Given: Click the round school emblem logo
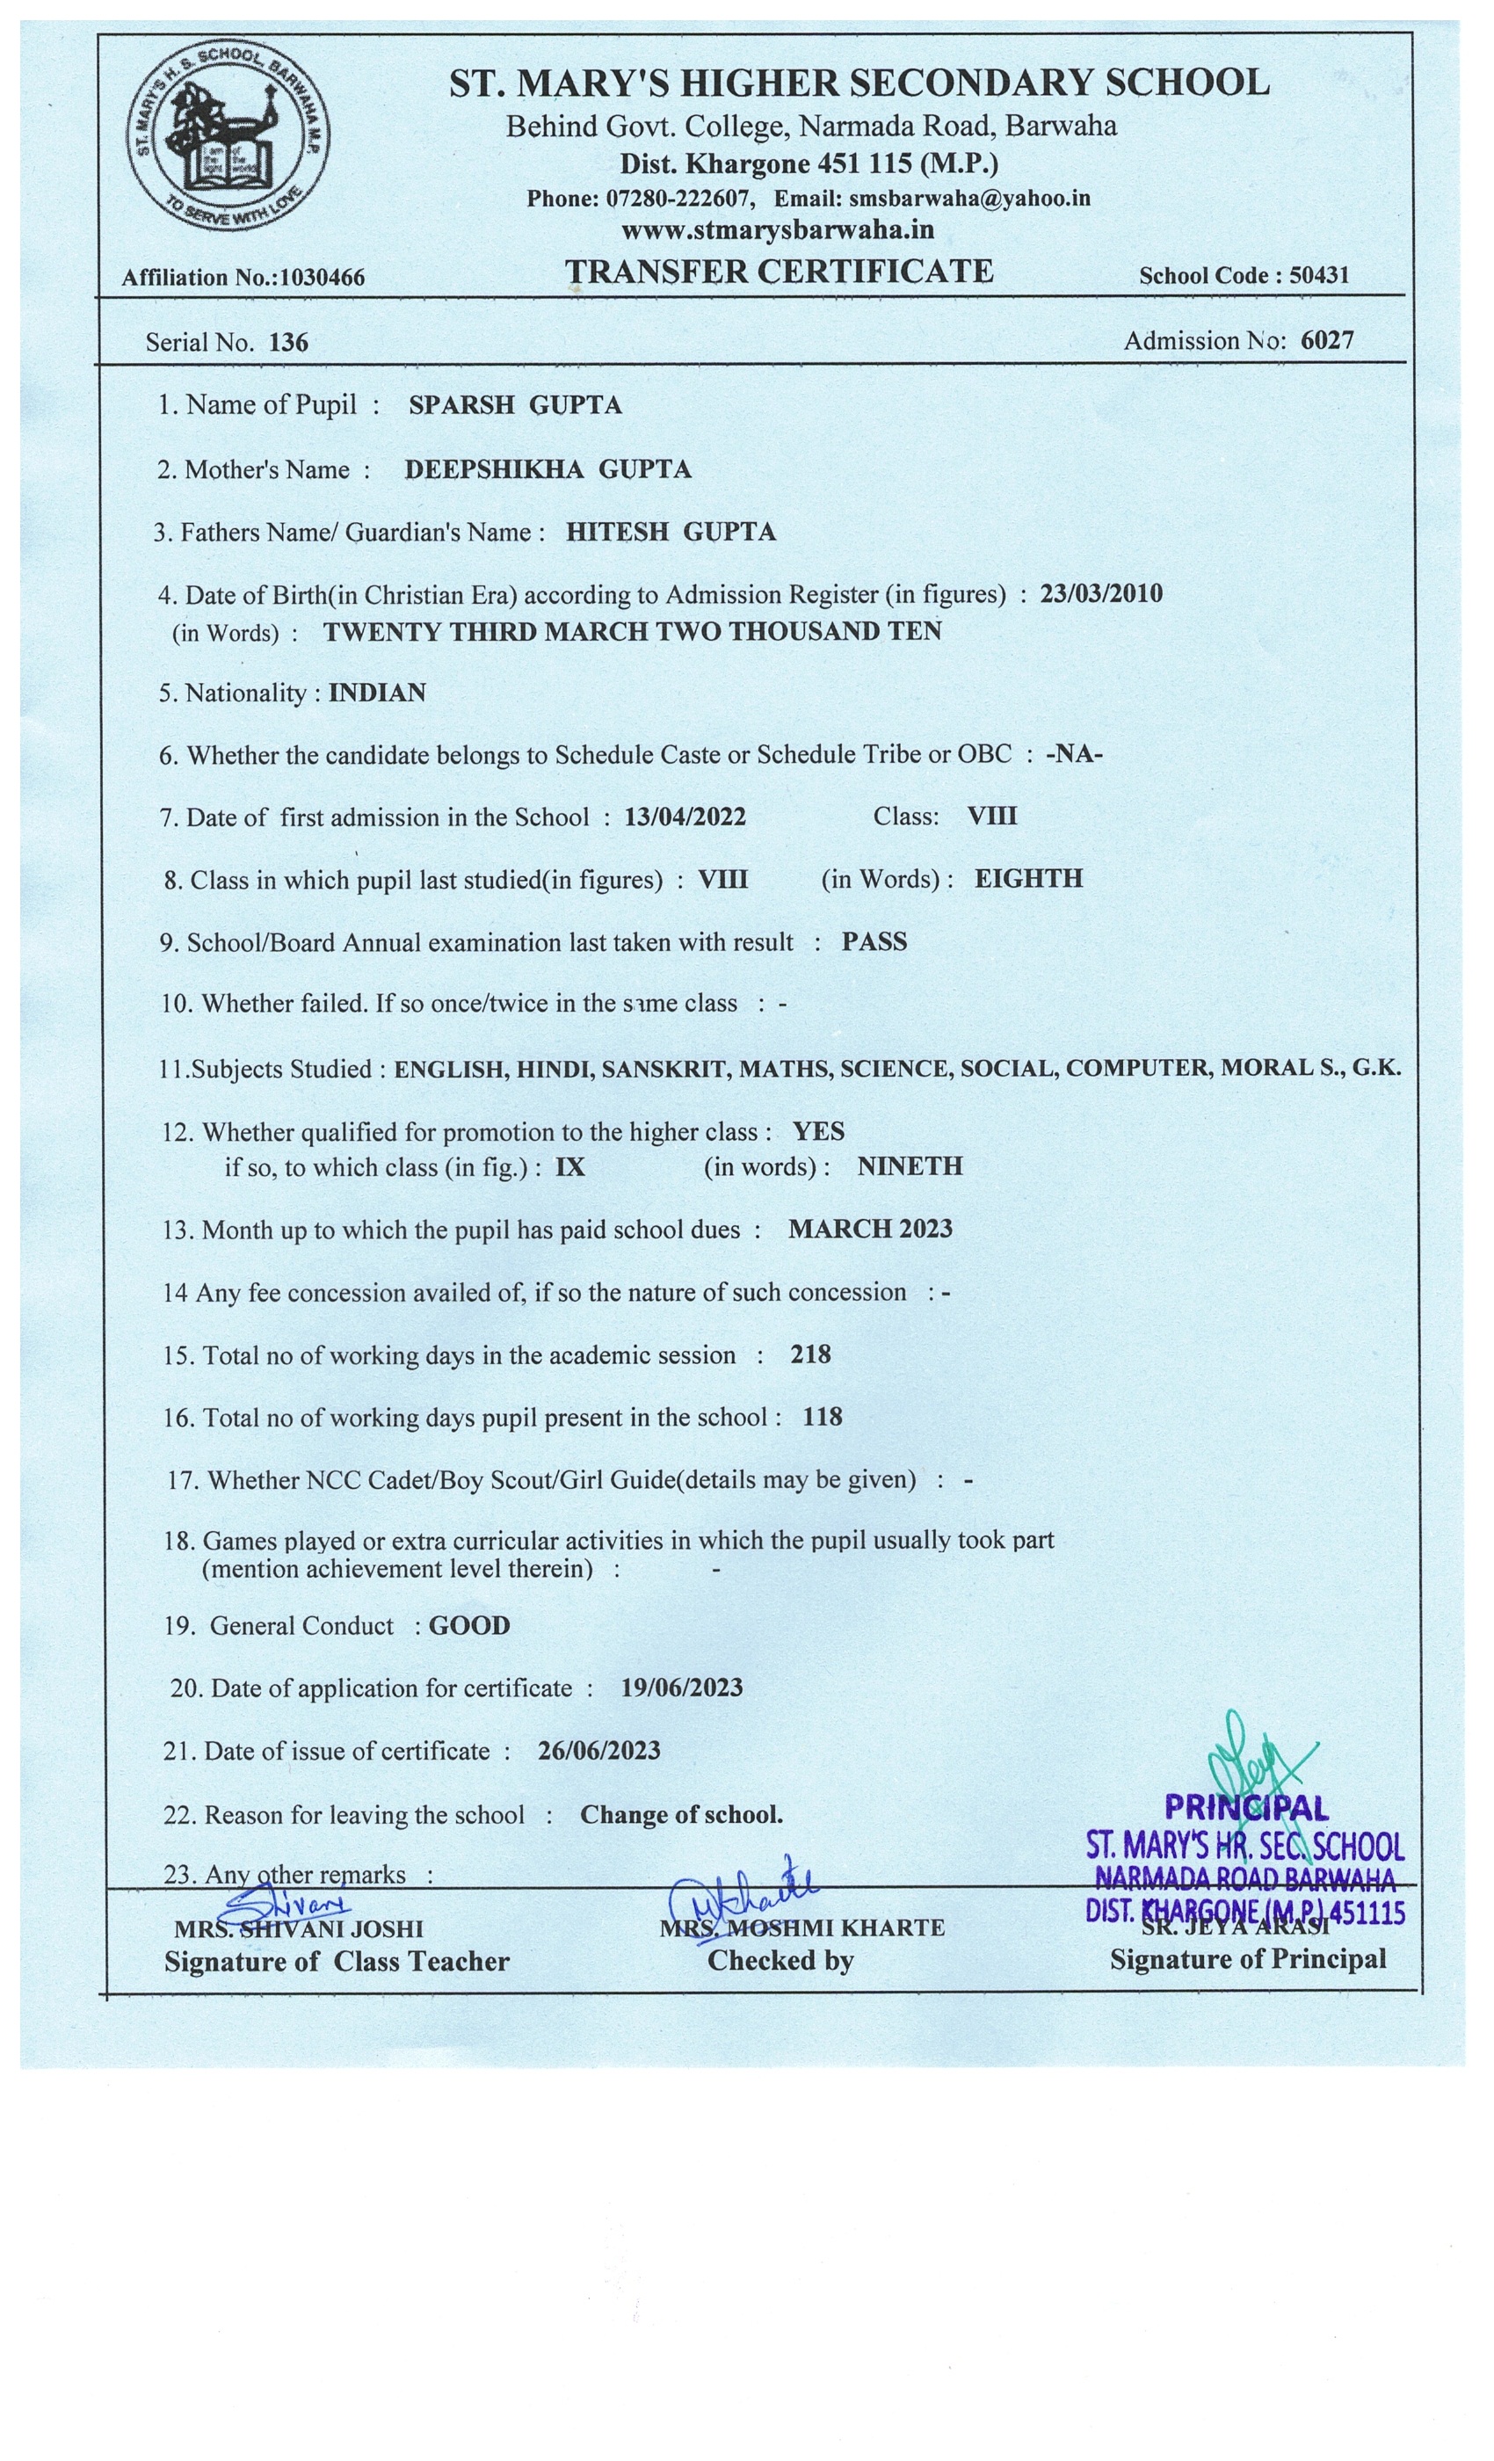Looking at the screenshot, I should tap(228, 136).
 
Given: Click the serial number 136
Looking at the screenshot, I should tap(288, 343).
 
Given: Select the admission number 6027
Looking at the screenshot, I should tap(1327, 341).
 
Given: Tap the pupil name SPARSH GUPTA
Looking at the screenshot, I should tap(515, 404).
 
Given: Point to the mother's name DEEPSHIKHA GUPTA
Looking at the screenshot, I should tap(548, 469).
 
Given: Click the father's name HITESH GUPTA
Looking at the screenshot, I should tap(671, 533).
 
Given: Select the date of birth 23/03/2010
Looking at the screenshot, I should tap(1101, 593).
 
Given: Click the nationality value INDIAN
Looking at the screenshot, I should tap(378, 693).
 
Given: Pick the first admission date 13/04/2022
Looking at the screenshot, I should tap(685, 817).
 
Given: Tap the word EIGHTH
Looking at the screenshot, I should tap(1028, 879).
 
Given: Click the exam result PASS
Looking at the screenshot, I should tap(874, 942).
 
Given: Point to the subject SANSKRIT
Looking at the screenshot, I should tap(664, 1069).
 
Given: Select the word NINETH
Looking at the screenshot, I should tap(910, 1166).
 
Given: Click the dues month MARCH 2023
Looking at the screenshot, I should tap(871, 1229).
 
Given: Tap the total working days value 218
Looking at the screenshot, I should tap(811, 1354).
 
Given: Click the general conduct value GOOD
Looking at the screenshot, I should tap(469, 1626).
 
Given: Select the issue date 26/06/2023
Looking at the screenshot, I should tap(599, 1751).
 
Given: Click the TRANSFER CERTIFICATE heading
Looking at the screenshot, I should tap(779, 272).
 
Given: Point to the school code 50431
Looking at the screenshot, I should tap(1319, 276).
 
